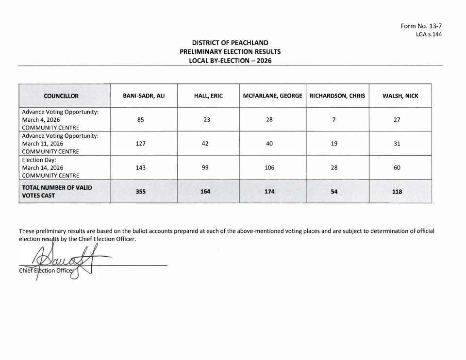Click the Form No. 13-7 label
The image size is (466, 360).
click(x=421, y=26)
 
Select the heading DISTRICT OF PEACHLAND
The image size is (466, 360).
click(x=230, y=43)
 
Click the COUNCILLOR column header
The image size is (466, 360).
click(x=61, y=96)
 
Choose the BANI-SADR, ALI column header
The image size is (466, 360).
click(x=144, y=96)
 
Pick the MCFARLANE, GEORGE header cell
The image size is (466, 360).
click(x=272, y=96)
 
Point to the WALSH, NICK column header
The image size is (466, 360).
click(x=400, y=96)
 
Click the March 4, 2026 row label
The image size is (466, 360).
click(x=41, y=119)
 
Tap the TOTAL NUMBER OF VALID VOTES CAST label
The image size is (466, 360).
click(x=57, y=191)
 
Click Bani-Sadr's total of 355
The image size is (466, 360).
click(x=140, y=192)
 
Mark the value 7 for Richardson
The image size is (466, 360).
click(x=334, y=119)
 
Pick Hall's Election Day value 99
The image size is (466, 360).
click(x=207, y=167)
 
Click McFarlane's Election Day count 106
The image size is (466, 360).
click(x=269, y=167)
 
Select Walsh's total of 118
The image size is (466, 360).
click(x=397, y=192)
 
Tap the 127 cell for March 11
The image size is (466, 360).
click(x=140, y=144)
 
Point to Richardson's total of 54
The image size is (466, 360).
click(x=334, y=192)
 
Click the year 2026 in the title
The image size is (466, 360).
click(x=264, y=61)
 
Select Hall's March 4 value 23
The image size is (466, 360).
click(x=207, y=119)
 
